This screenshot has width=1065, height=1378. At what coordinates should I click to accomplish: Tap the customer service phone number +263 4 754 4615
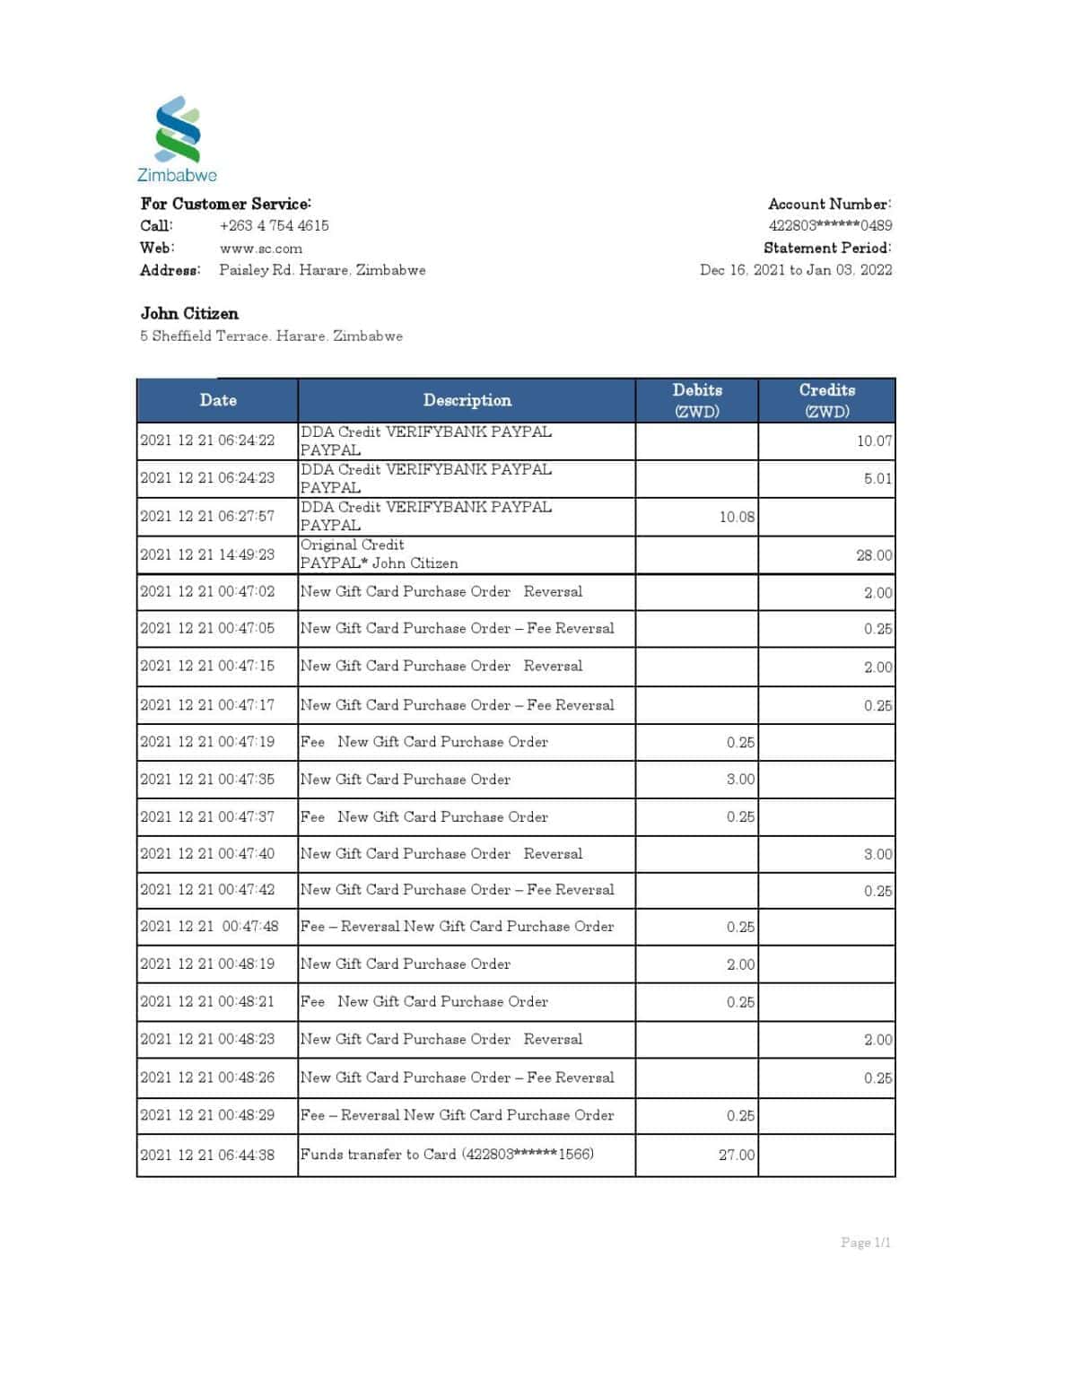pyautogui.click(x=274, y=225)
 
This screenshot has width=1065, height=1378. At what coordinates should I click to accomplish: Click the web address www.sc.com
pyautogui.click(x=260, y=249)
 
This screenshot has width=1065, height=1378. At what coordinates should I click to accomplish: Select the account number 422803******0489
pyautogui.click(x=830, y=225)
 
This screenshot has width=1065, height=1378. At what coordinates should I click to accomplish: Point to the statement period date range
pyautogui.click(x=796, y=270)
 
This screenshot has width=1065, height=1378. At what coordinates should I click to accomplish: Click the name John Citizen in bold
pyautogui.click(x=189, y=313)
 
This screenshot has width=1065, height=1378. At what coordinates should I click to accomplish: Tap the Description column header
pyautogui.click(x=467, y=400)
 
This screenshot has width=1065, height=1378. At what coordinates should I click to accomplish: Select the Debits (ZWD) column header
pyautogui.click(x=697, y=400)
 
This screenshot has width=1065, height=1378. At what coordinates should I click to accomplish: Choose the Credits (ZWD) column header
pyautogui.click(x=826, y=400)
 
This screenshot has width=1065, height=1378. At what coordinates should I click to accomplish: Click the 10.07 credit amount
pyautogui.click(x=874, y=440)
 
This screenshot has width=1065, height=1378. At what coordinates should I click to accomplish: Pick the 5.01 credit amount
pyautogui.click(x=877, y=478)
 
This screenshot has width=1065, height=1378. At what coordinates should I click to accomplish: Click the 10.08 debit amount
pyautogui.click(x=737, y=517)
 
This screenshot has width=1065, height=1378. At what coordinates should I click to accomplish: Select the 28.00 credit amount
pyautogui.click(x=874, y=555)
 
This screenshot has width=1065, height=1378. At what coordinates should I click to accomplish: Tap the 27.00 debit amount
pyautogui.click(x=737, y=1155)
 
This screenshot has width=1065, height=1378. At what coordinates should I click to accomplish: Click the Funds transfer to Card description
pyautogui.click(x=447, y=1154)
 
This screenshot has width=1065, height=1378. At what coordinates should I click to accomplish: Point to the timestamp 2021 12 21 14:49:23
pyautogui.click(x=207, y=554)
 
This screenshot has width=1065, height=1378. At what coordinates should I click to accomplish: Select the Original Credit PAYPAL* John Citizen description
pyautogui.click(x=380, y=554)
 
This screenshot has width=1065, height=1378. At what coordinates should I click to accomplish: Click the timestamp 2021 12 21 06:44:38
pyautogui.click(x=207, y=1155)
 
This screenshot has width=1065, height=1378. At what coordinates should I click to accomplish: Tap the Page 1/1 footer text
pyautogui.click(x=865, y=1243)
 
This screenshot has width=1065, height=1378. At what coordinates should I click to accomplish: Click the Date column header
pyautogui.click(x=218, y=400)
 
